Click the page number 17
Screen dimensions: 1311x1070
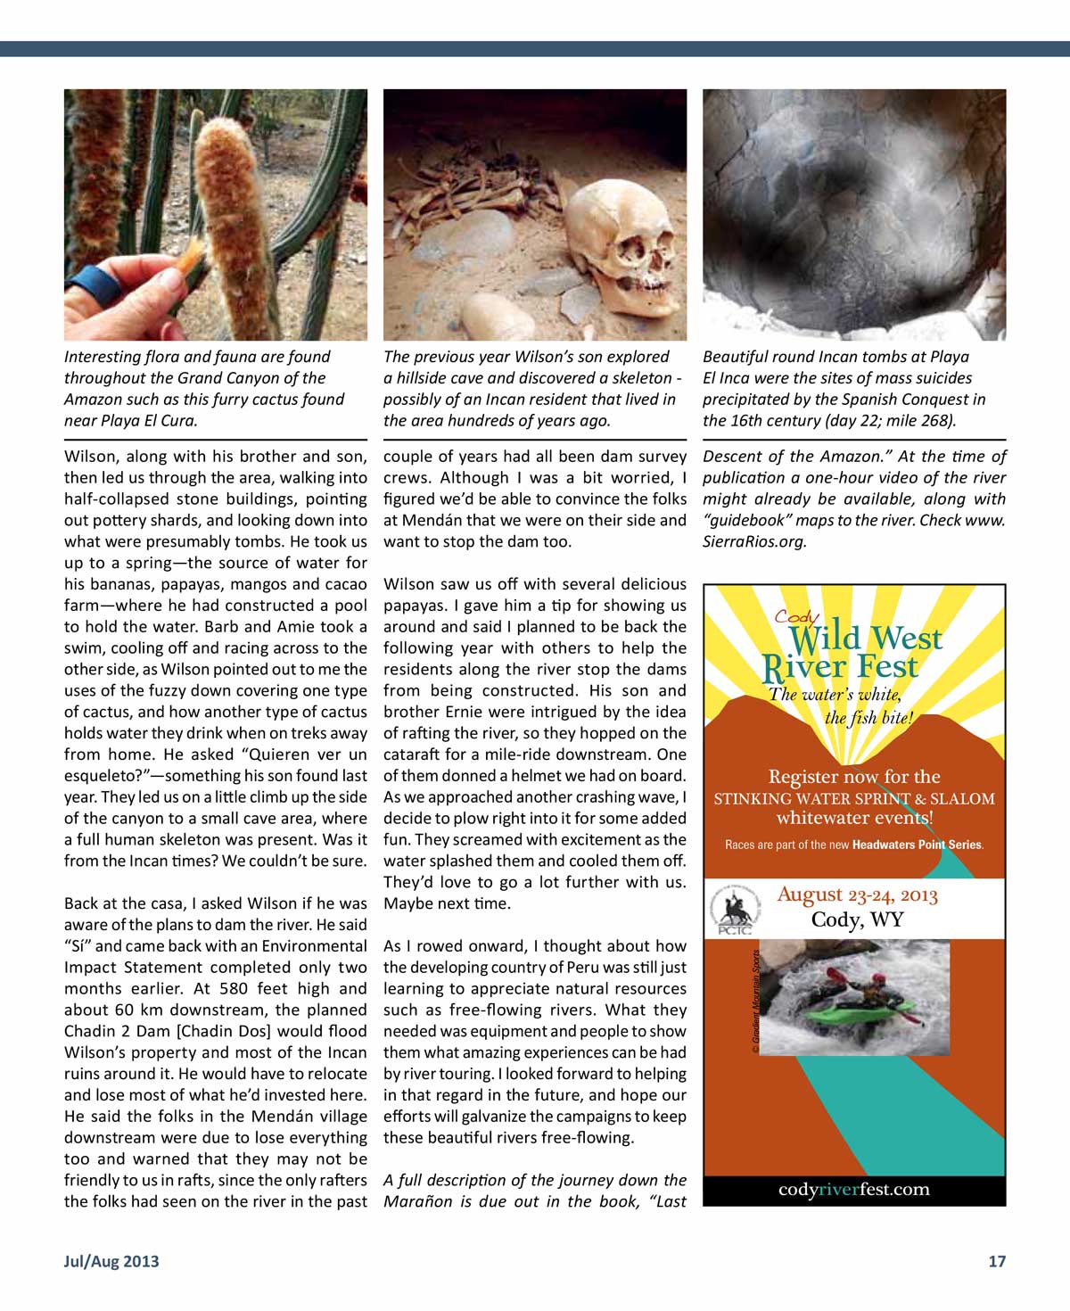pos(996,1261)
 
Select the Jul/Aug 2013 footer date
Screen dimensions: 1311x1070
pos(111,1261)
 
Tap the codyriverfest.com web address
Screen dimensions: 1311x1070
pos(853,1190)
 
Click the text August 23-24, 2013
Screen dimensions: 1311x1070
pos(857,895)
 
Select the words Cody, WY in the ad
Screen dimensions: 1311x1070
pos(857,919)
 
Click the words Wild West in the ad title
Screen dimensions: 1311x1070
pos(865,639)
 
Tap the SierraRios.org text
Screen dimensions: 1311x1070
pos(754,541)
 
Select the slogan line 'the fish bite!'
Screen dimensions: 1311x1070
pos(868,718)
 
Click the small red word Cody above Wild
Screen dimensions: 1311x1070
pos(796,616)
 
